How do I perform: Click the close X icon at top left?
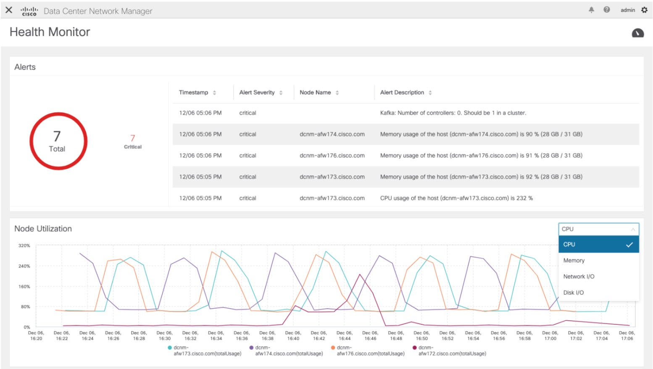pos(9,10)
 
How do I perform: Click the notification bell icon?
pos(591,10)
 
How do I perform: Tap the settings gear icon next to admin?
pos(644,10)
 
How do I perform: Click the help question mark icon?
pos(606,10)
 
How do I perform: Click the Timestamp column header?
pos(193,92)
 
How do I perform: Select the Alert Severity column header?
pos(257,92)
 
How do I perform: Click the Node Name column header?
pos(315,92)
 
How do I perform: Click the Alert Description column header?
pos(402,92)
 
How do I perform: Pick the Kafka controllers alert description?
pos(453,113)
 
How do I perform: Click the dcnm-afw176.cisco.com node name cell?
pos(332,155)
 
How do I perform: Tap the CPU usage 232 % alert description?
pos(456,198)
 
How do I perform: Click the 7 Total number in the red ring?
pos(57,136)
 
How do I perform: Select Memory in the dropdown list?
pos(574,260)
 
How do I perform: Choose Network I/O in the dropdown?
pos(579,276)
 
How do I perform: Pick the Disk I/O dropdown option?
pos(573,293)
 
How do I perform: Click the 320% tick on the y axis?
pos(24,246)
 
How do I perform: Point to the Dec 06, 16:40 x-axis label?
pos(293,335)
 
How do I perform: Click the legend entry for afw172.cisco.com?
pos(452,351)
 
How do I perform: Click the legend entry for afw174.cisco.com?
pos(289,351)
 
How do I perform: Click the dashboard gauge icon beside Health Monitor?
pos(637,33)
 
